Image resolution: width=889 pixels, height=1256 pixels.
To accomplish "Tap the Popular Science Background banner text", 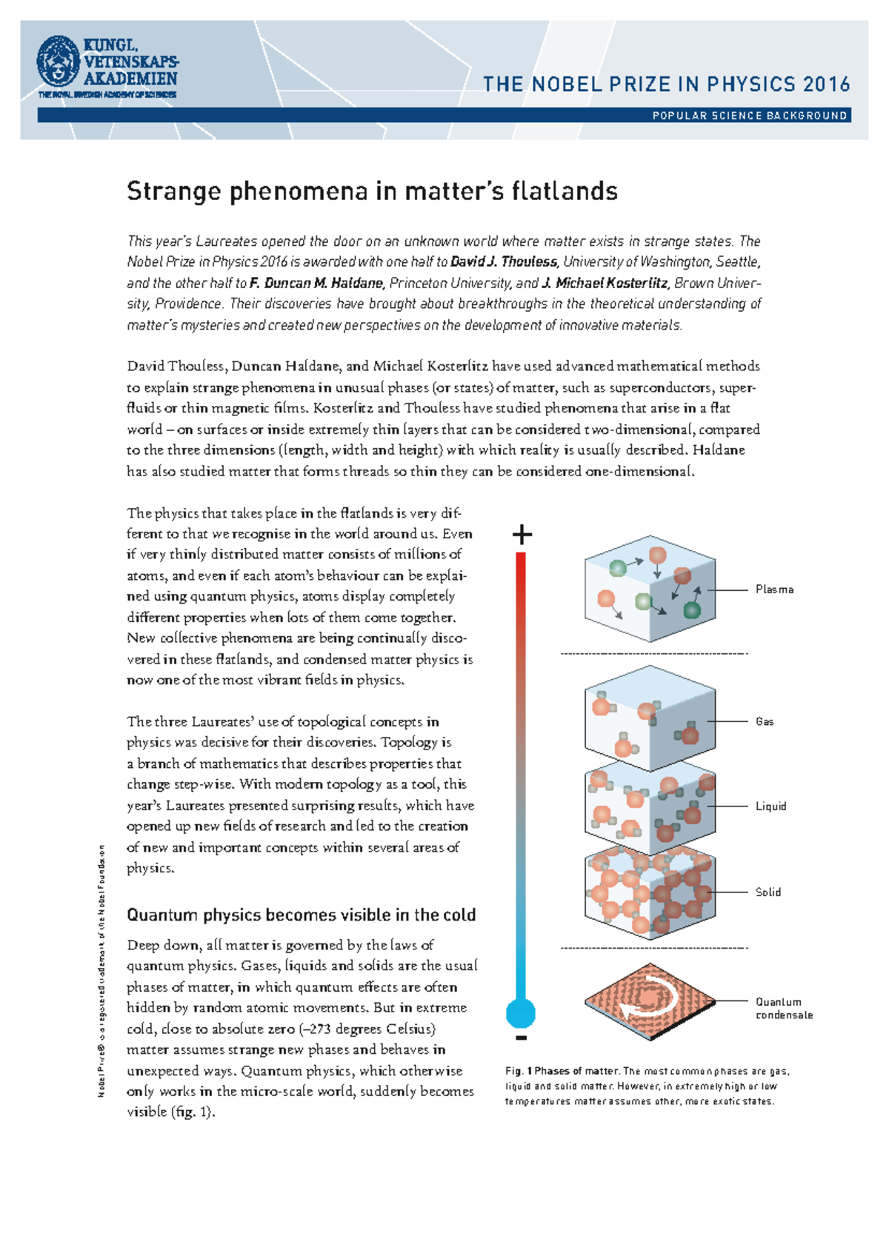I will pyautogui.click(x=749, y=116).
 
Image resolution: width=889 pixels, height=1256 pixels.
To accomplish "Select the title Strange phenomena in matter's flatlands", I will pyautogui.click(x=372, y=192).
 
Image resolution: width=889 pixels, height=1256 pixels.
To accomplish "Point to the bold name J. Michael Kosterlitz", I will pyautogui.click(x=605, y=283).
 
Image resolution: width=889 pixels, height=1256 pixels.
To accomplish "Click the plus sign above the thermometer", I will pyautogui.click(x=522, y=534).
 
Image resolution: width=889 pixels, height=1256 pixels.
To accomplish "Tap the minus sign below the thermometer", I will pyautogui.click(x=522, y=1038).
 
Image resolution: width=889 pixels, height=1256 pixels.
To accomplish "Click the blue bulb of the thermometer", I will pyautogui.click(x=521, y=1012).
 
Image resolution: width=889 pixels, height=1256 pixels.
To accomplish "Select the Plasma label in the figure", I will pyautogui.click(x=774, y=589).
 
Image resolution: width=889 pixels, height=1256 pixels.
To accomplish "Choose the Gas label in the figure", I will pyautogui.click(x=765, y=721).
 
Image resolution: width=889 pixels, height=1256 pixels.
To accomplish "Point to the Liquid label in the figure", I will pyautogui.click(x=770, y=806).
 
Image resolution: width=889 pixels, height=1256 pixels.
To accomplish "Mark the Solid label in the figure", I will pyautogui.click(x=768, y=892).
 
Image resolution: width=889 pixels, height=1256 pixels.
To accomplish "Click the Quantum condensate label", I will pyautogui.click(x=784, y=1008).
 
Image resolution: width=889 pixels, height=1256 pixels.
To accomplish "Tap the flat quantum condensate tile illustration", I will pyautogui.click(x=650, y=1001).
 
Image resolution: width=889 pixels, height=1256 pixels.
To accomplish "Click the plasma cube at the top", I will pyautogui.click(x=650, y=588).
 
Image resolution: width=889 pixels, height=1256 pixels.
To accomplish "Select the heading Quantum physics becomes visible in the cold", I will pyautogui.click(x=301, y=915).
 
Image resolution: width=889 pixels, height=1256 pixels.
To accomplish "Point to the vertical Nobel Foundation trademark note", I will pyautogui.click(x=101, y=970).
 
